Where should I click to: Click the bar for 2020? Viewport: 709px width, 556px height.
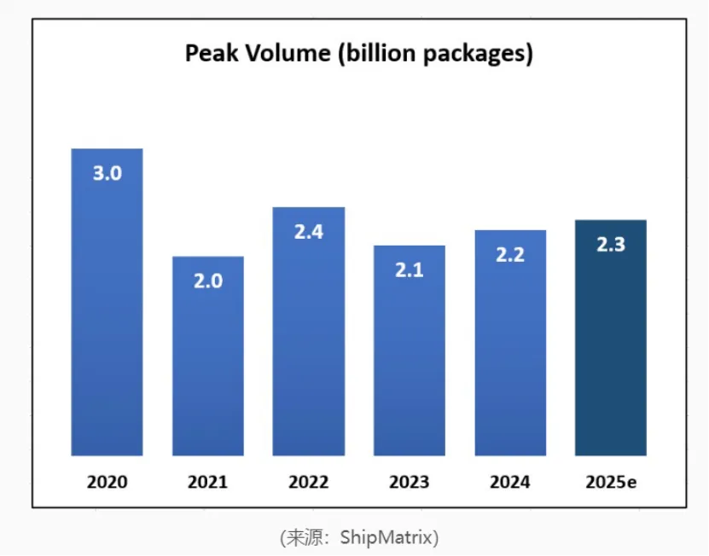[x=107, y=324]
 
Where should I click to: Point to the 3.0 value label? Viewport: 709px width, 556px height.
[x=107, y=173]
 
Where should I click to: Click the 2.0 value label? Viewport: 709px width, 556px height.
[x=207, y=281]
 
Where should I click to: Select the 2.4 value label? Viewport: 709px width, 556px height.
[x=308, y=231]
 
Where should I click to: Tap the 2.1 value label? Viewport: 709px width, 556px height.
[x=409, y=270]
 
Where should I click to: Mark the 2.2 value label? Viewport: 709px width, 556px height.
[x=509, y=254]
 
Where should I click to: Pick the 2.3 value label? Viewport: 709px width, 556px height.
[x=610, y=245]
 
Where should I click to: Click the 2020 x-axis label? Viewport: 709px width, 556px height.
[x=107, y=482]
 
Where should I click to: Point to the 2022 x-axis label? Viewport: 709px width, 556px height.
[x=308, y=482]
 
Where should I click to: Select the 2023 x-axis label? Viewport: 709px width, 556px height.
[x=409, y=482]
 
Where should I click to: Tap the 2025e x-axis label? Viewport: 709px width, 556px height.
[x=611, y=482]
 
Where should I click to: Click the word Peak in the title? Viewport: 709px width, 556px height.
[x=209, y=55]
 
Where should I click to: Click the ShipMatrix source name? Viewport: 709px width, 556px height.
[x=388, y=537]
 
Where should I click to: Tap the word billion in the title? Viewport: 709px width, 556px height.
[x=376, y=55]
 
